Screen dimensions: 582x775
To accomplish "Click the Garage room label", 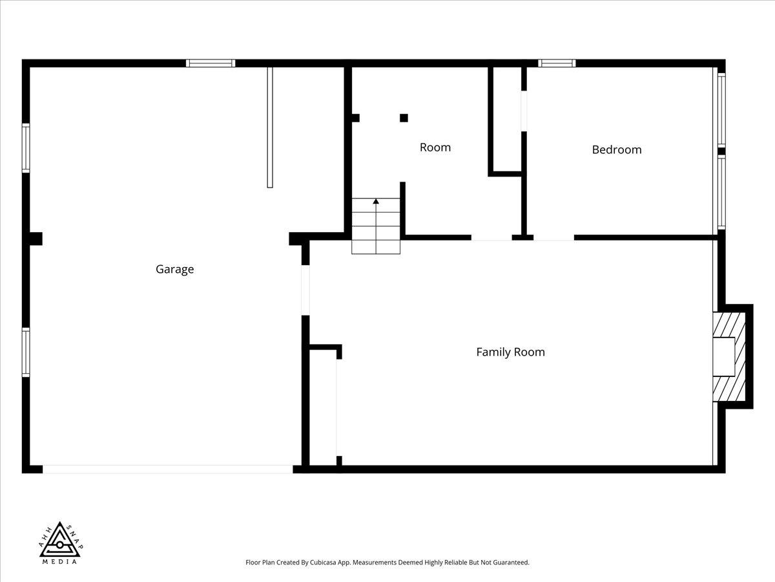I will [x=174, y=270].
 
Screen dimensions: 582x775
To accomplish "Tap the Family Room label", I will [x=510, y=352].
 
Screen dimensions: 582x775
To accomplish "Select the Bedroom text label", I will [x=617, y=150].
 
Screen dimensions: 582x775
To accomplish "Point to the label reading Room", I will [x=435, y=147].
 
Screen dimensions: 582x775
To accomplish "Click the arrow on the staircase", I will [x=376, y=202].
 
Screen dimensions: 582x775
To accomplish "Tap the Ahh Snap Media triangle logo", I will [x=59, y=543].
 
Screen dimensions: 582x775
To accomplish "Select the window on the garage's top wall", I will [x=211, y=63].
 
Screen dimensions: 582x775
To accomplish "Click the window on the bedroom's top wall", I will [x=557, y=63].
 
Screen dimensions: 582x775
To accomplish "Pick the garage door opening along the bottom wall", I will [x=168, y=469].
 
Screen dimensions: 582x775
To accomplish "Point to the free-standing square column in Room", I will [x=404, y=118].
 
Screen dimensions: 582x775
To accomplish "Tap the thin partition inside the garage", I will [x=270, y=127].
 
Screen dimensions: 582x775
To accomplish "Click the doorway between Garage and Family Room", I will [x=305, y=290].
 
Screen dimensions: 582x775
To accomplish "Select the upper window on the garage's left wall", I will [x=26, y=148].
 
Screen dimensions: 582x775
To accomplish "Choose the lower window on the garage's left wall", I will [x=26, y=352].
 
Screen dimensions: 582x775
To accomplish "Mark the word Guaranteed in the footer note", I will [x=508, y=563].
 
